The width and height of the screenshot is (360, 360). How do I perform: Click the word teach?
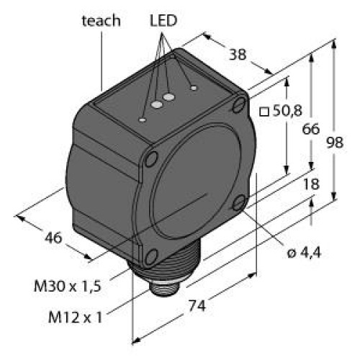(101, 21)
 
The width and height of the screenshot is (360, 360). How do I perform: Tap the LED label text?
(163, 20)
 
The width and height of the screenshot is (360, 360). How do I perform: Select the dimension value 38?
(238, 54)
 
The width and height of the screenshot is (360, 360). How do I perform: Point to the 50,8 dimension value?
(287, 111)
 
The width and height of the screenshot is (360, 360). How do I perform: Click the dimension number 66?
(311, 129)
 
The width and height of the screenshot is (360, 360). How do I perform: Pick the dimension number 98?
(335, 143)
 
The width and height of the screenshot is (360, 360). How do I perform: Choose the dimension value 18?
(311, 184)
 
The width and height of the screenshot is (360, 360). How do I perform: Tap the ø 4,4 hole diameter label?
(304, 253)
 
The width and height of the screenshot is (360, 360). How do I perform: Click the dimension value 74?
(197, 306)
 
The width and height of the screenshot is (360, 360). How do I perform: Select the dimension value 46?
(53, 238)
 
